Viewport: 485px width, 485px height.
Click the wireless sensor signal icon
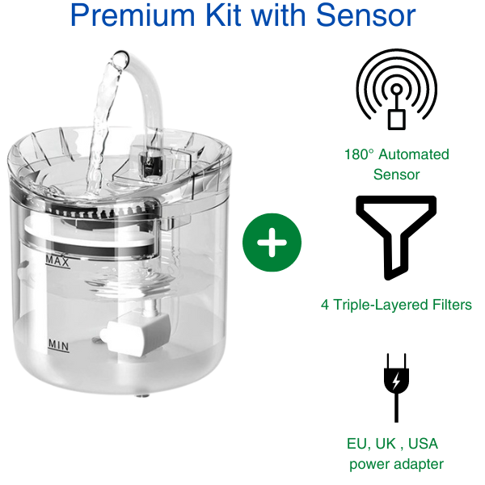click(396, 89)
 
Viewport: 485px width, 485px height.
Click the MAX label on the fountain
click(57, 260)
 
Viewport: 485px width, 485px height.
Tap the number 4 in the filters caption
click(326, 306)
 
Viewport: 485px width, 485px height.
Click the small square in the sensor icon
click(396, 118)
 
